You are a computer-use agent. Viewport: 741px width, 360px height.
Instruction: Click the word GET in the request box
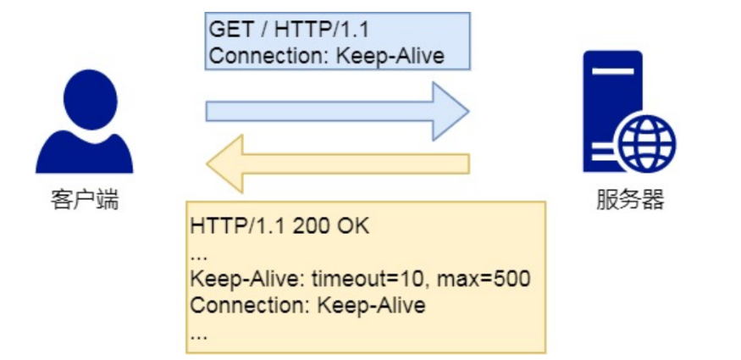(x=230, y=31)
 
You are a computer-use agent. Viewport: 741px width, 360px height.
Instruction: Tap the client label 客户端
(x=84, y=201)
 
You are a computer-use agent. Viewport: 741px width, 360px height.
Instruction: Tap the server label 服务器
(x=629, y=201)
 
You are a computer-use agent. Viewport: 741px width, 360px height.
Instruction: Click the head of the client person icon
(x=84, y=97)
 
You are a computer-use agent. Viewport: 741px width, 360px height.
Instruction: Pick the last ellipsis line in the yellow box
(x=199, y=332)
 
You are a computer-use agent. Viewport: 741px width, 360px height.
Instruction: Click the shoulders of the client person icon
(x=84, y=152)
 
